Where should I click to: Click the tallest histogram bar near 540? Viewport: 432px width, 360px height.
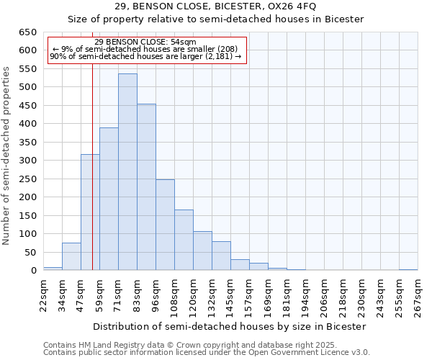click(x=127, y=172)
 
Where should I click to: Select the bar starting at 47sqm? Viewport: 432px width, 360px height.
click(x=90, y=212)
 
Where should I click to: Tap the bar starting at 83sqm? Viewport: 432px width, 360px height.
click(x=146, y=187)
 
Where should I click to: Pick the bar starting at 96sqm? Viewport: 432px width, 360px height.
click(x=165, y=225)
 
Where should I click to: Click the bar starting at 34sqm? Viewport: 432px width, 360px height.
click(x=71, y=256)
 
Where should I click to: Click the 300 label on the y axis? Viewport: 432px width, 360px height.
click(x=27, y=161)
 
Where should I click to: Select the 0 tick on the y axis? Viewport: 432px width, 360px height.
click(x=33, y=271)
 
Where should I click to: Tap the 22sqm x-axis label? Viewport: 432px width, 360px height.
click(x=43, y=294)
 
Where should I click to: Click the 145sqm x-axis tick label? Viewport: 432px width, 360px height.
click(x=230, y=296)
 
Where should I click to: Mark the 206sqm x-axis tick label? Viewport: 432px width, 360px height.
click(x=324, y=296)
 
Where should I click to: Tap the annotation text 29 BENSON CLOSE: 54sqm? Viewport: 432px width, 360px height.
click(x=145, y=42)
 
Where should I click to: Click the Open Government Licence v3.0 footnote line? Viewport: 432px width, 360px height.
click(x=207, y=353)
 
